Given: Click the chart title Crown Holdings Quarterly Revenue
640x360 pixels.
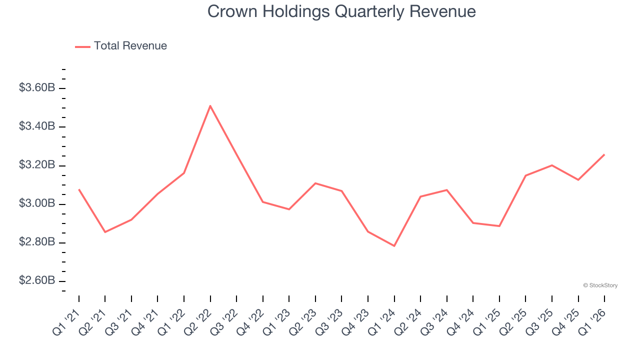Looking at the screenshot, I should tap(341, 11).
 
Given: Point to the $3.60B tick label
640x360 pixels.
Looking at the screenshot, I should tap(37, 88).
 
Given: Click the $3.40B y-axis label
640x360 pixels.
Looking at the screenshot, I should tap(37, 126).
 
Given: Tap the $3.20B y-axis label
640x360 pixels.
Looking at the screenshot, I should tap(37, 165).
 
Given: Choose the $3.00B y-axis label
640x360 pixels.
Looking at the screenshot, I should tap(37, 203).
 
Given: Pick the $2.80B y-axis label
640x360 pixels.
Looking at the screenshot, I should tap(37, 242).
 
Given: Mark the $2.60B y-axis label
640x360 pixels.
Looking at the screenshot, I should tap(37, 280).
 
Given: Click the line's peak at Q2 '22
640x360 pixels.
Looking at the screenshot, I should tap(210, 106).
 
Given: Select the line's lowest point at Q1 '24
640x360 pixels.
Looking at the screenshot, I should tap(394, 246).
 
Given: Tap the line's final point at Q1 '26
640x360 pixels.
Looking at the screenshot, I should tap(604, 154).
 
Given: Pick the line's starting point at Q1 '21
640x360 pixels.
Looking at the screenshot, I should tap(79, 189).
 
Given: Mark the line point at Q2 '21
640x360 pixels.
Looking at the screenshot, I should tap(105, 232).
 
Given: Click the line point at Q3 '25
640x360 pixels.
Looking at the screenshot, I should tap(552, 165).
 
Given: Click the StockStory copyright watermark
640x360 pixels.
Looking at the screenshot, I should tap(600, 285).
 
